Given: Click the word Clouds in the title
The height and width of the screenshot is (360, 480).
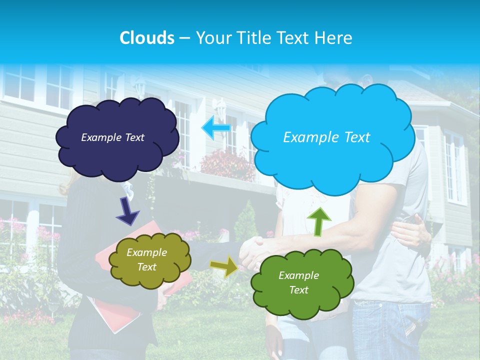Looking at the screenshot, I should pos(146,38).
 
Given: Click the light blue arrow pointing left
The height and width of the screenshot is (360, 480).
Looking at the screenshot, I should pos(216,127).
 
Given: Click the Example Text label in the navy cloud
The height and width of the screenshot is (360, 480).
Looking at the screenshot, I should pos(112,137).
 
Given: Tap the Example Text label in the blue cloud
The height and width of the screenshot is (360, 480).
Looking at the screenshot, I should pos(326,137).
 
